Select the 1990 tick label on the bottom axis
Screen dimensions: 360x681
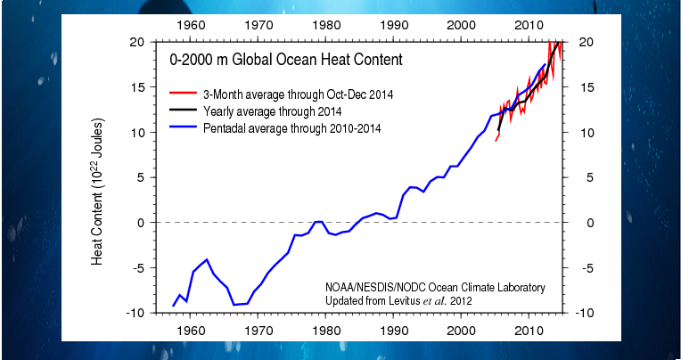[x=393, y=330]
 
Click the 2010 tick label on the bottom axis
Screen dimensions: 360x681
[x=529, y=330]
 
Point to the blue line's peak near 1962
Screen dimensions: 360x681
[x=207, y=259]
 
